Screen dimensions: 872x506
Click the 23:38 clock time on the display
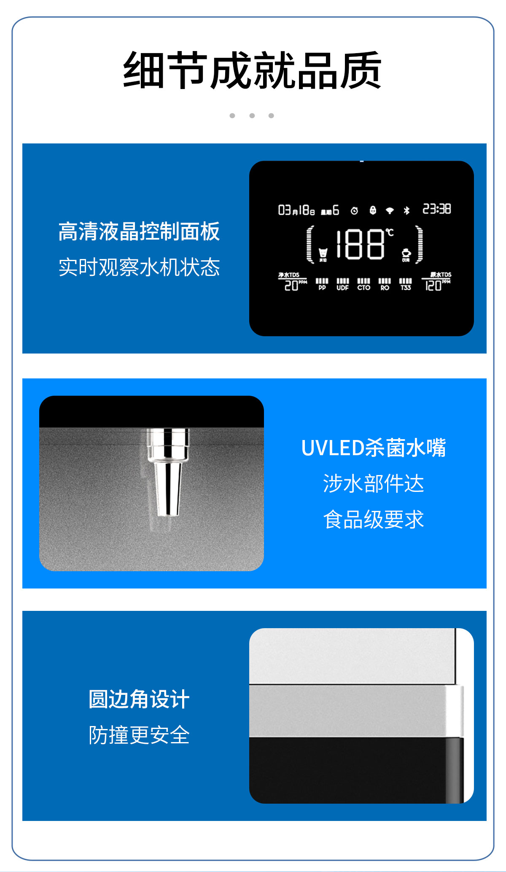436,209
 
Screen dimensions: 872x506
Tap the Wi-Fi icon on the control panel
390,211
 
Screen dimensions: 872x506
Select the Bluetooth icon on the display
406,210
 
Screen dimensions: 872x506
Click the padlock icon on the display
373,210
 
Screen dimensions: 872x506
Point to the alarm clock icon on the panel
354,211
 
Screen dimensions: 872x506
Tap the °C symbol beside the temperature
390,232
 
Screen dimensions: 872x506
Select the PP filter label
322,288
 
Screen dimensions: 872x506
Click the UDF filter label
342,288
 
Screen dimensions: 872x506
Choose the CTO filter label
363,288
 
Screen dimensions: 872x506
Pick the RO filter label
385,288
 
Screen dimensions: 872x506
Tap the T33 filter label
406,288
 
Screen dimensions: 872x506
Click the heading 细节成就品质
252,70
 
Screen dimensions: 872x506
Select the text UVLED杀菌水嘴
374,448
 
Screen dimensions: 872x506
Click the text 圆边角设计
139,699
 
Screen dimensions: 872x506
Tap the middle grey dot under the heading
252,116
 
